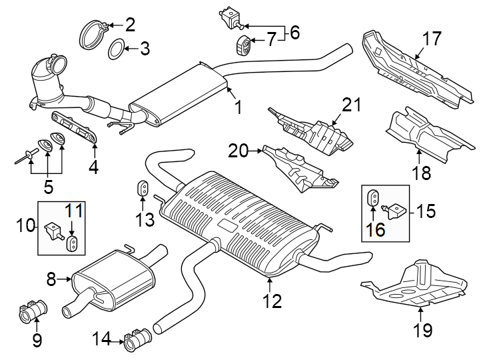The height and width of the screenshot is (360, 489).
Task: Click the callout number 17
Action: [432, 39]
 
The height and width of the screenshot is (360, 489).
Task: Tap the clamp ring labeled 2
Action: [93, 33]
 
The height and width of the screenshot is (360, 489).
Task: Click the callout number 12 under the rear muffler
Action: [271, 301]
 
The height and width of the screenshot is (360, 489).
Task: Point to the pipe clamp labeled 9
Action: [31, 311]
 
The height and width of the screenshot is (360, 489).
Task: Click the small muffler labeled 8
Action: [113, 277]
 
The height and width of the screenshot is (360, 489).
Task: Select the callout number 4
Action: [93, 167]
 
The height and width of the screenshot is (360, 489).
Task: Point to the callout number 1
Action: [238, 107]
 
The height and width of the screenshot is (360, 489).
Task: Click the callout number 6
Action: [294, 31]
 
